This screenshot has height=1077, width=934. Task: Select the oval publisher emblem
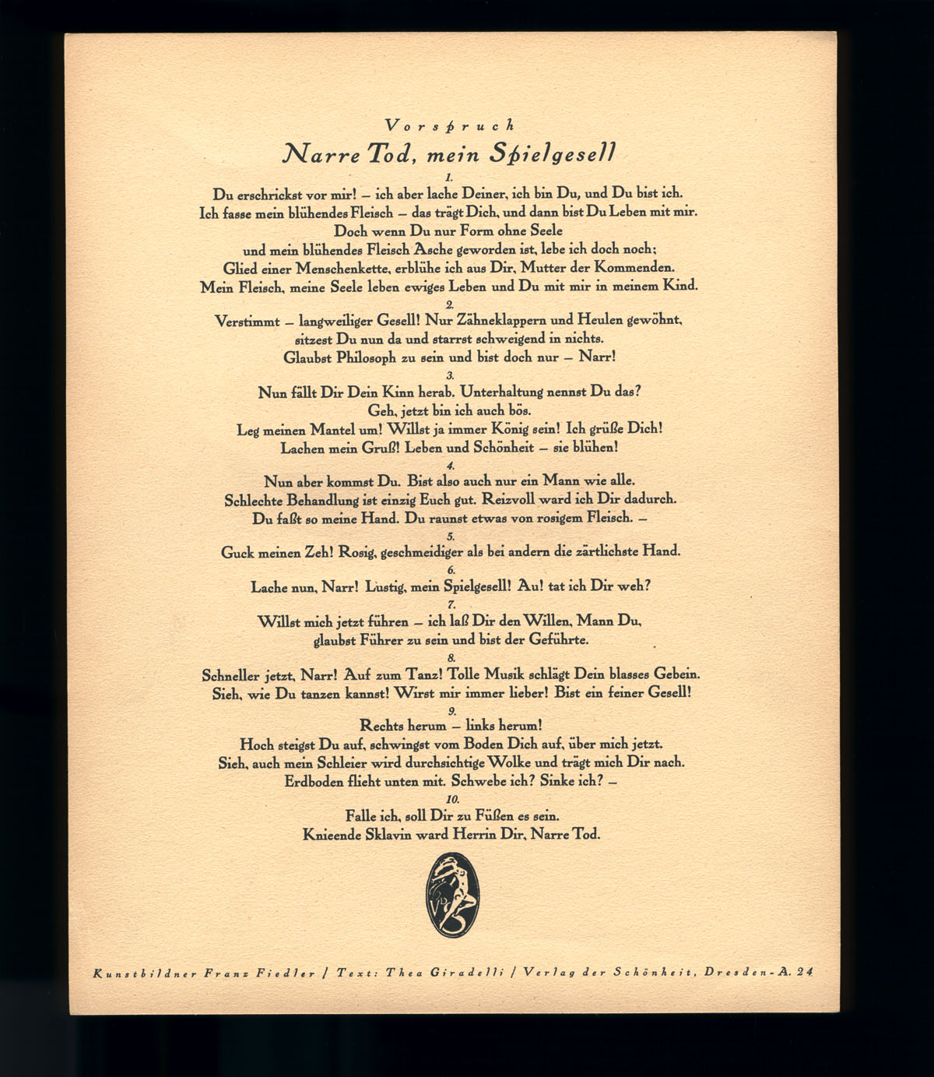[x=448, y=892]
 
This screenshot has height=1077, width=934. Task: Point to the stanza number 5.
[x=451, y=537]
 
